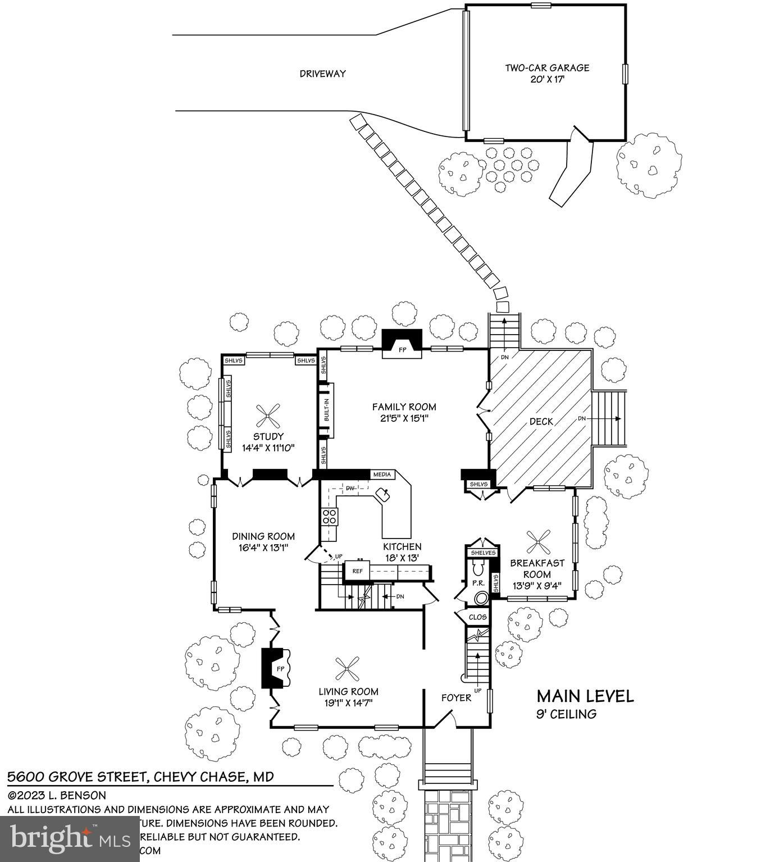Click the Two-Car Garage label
[546, 68]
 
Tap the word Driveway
[322, 74]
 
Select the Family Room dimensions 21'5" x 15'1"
[404, 418]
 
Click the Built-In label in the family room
[326, 411]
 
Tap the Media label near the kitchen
[382, 475]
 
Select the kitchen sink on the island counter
[384, 495]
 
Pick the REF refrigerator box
[358, 571]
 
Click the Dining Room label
[263, 536]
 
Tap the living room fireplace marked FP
[277, 668]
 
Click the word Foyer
[456, 698]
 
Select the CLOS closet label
[477, 617]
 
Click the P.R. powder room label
[478, 583]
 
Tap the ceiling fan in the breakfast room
[538, 542]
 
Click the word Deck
[541, 422]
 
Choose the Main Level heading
[585, 696]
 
